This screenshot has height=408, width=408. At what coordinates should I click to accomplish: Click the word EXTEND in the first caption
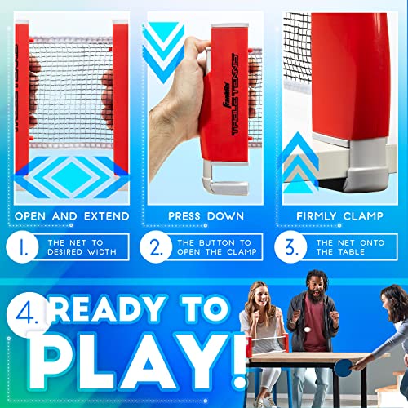[106, 216]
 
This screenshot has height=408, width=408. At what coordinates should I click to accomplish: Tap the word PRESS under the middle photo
[184, 216]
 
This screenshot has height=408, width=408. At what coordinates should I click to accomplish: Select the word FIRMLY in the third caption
[317, 216]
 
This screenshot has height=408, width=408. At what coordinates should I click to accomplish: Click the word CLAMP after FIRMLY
[363, 216]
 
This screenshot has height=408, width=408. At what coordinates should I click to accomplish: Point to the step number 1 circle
[22, 246]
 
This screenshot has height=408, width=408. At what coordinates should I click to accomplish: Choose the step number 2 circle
[156, 246]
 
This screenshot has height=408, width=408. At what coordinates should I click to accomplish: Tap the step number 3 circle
[290, 246]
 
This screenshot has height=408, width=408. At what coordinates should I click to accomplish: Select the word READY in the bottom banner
[107, 308]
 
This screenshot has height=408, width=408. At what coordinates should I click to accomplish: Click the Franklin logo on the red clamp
[227, 97]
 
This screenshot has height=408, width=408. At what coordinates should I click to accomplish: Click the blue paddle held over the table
[344, 367]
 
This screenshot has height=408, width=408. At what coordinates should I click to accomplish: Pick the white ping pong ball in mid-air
[308, 330]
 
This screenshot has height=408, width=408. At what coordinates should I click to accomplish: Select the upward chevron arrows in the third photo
[299, 163]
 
